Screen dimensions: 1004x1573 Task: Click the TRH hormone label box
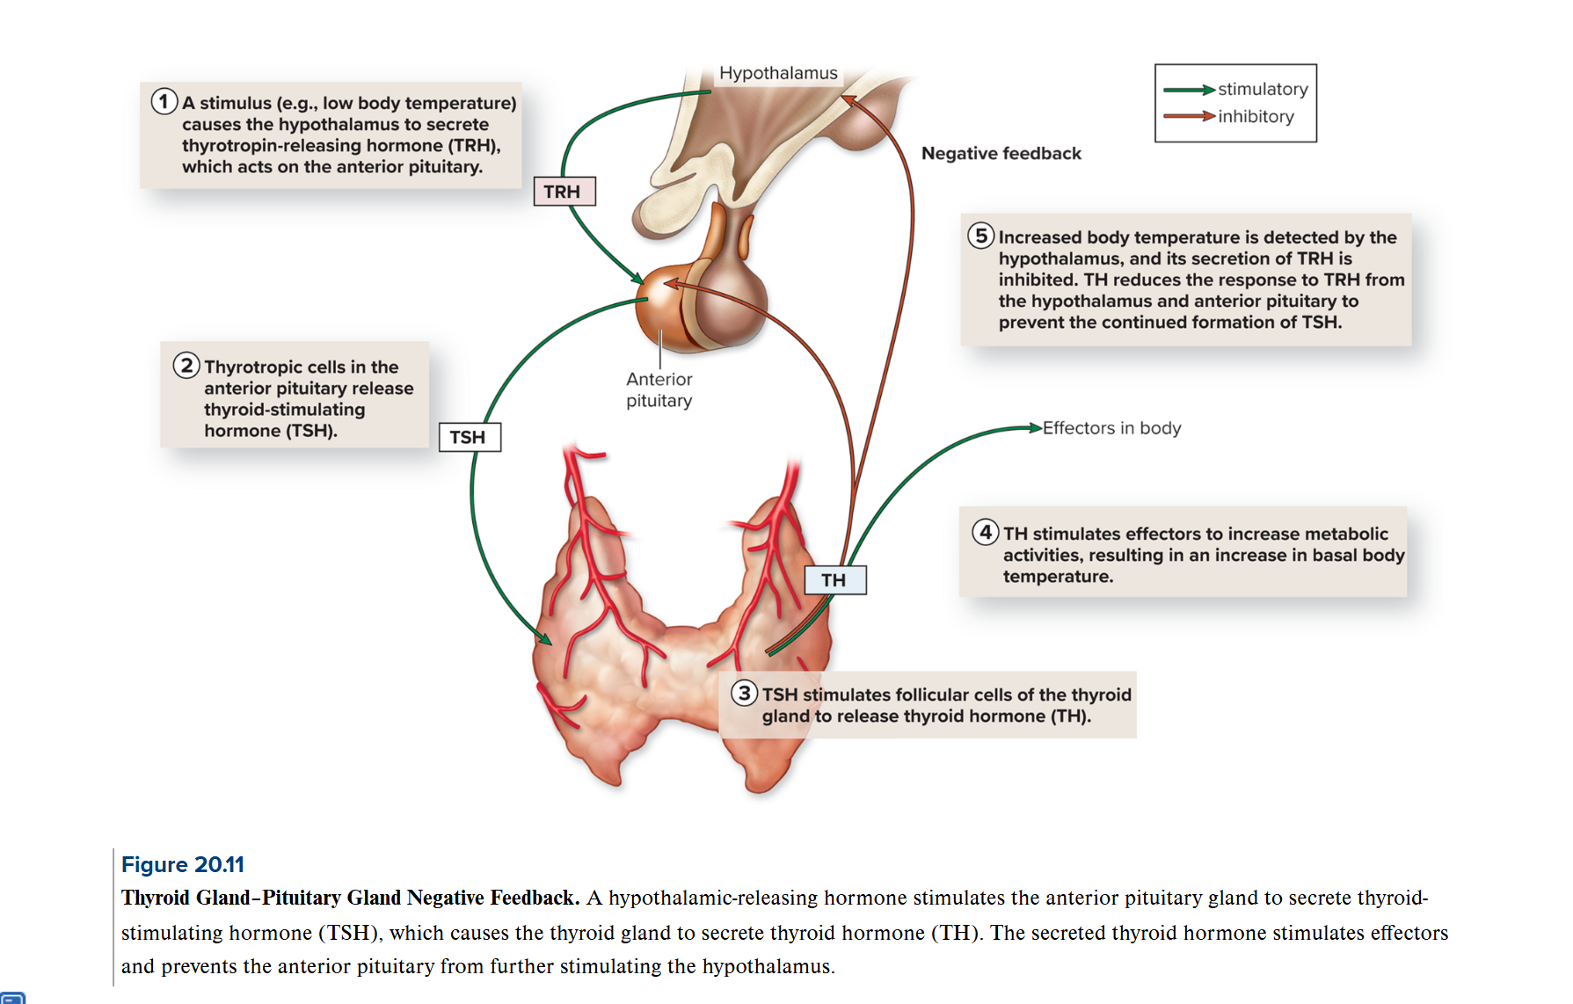564,192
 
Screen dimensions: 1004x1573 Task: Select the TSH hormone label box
470,437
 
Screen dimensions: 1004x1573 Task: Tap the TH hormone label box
834,580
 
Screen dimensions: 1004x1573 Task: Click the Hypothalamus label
778,73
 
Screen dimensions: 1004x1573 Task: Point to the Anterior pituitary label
659,389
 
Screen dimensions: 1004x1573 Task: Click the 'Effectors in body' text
1111,428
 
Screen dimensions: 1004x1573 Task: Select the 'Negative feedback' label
1001,153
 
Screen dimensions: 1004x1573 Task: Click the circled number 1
164,102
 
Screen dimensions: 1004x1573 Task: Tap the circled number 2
186,365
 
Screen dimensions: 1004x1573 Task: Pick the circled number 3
745,693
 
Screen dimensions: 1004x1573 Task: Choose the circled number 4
986,532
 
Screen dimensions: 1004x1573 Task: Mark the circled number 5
981,236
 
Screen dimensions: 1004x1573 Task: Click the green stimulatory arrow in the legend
1189,90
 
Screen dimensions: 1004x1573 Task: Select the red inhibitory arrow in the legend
1189,116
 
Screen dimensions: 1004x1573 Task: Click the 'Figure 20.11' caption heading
183,864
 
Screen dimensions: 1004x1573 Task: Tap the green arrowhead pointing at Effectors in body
1036,428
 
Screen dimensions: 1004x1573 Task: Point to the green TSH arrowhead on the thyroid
544,639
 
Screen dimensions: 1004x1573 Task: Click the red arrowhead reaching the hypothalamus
848,100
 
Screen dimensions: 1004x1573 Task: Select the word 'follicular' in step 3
933,695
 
